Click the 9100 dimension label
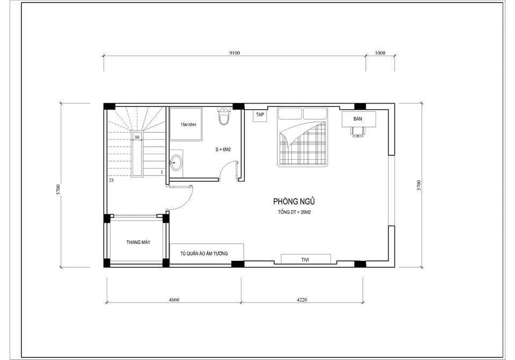point(234,53)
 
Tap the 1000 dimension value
point(380,53)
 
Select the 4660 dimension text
point(174,299)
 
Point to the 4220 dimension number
point(301,299)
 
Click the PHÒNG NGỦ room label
point(294,201)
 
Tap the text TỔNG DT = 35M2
point(295,212)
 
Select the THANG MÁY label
point(138,242)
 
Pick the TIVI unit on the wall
point(306,259)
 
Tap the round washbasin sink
point(176,163)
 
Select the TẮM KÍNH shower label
point(188,125)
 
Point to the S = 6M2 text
point(223,149)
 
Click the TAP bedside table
point(260,116)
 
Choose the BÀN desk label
point(358,119)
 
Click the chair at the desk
point(358,131)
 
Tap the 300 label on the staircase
point(137,137)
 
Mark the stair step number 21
point(112,180)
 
